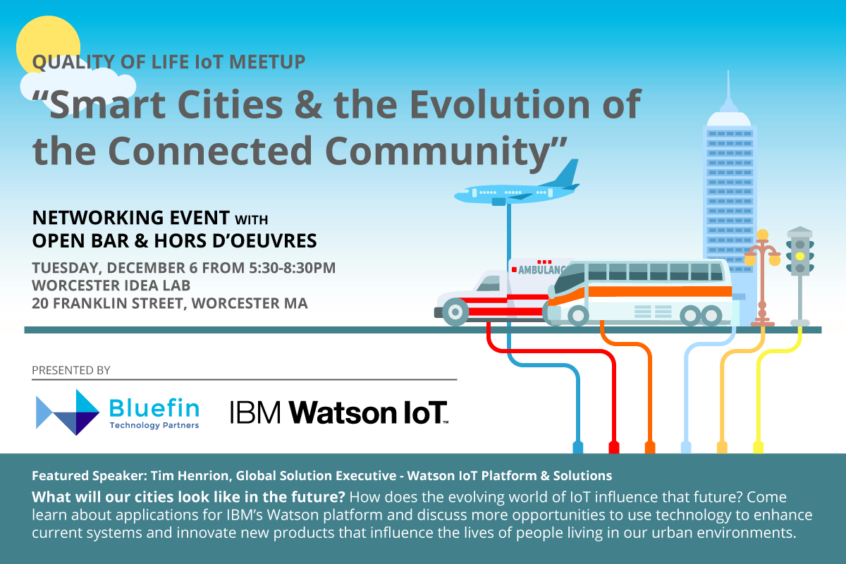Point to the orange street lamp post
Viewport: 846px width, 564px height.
point(762,282)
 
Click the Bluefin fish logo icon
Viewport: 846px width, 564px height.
point(68,412)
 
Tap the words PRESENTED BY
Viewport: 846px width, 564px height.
point(71,369)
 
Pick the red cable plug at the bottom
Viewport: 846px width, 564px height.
point(613,447)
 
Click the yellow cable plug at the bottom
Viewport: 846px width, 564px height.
point(758,447)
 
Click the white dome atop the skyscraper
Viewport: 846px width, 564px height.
point(729,118)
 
